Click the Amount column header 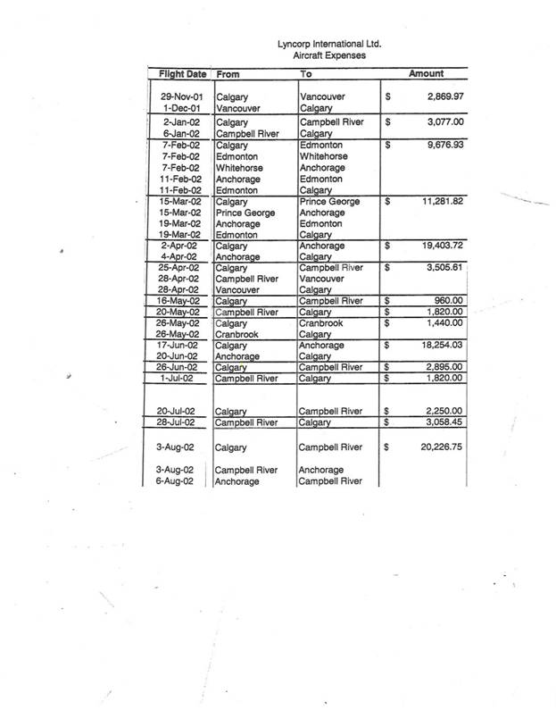point(426,74)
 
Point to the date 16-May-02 point(182,301)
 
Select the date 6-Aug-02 point(184,481)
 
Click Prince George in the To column point(330,203)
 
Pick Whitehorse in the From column point(239,167)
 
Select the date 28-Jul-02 point(183,422)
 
